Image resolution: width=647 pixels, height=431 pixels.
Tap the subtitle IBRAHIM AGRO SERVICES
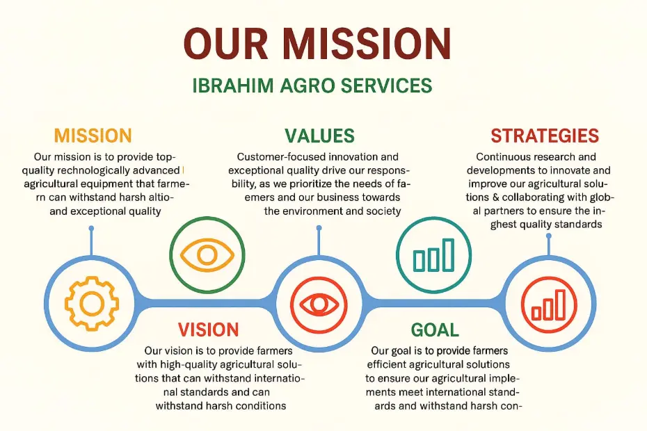click(x=312, y=86)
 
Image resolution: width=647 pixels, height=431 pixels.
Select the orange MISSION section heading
click(x=93, y=136)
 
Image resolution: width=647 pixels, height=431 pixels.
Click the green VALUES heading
click(x=319, y=136)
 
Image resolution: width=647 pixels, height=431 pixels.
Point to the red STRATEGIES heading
click(x=545, y=136)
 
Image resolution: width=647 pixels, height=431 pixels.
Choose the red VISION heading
click(x=209, y=330)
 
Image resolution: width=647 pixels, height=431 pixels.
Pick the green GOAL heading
click(x=435, y=330)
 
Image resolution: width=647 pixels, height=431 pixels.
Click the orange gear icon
click(x=92, y=304)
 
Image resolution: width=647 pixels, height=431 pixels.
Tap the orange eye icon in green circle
click(x=207, y=255)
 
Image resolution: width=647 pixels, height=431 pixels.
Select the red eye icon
click(x=319, y=304)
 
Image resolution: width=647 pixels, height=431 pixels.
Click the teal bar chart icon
click(x=433, y=255)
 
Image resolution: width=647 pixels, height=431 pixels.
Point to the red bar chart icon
click(x=548, y=304)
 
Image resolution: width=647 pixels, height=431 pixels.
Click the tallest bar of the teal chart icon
click(x=448, y=255)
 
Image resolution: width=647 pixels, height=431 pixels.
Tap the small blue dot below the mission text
click(x=91, y=229)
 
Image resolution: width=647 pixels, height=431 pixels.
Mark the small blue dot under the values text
click(x=319, y=228)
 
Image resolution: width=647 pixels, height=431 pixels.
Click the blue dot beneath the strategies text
click(x=548, y=236)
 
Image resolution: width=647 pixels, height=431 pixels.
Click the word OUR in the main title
click(x=226, y=44)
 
